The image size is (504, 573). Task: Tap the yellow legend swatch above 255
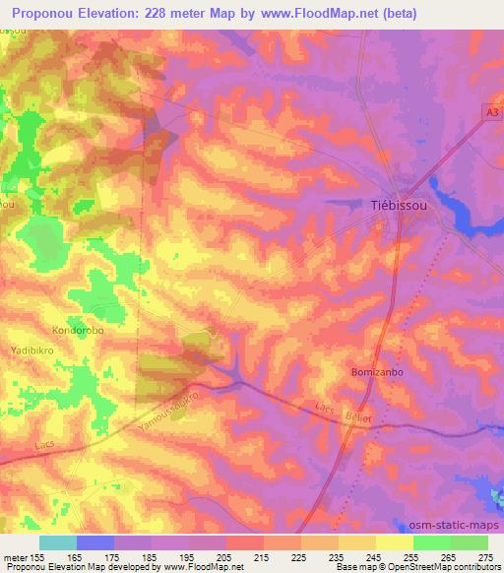click(x=394, y=542)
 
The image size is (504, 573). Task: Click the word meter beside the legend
click(x=16, y=557)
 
